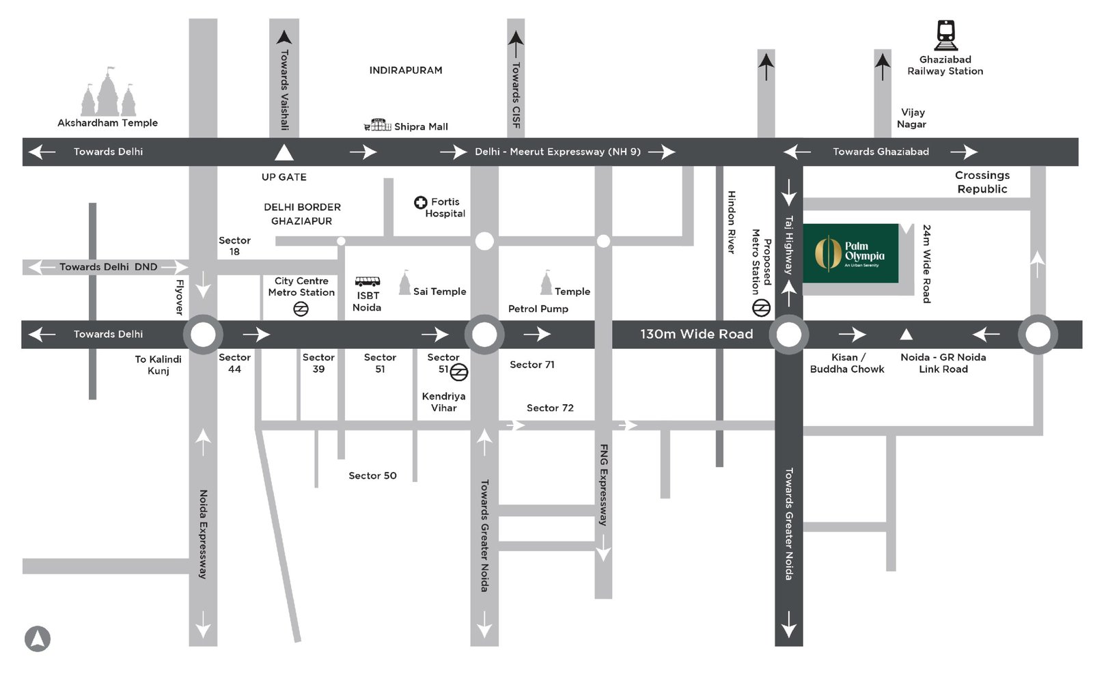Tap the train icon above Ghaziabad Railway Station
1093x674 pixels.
tap(945, 35)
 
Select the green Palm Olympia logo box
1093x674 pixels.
tap(850, 253)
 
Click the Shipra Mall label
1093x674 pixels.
tap(420, 126)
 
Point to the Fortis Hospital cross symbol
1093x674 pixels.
tap(421, 202)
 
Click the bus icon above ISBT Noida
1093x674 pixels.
tap(368, 281)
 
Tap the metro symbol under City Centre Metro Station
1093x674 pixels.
tap(301, 309)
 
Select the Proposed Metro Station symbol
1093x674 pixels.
tap(761, 309)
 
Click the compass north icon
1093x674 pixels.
tap(38, 638)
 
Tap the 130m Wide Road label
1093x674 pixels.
tap(696, 334)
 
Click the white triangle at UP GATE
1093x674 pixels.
tap(284, 152)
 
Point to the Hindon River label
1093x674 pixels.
tap(731, 223)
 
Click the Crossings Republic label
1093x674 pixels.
tap(982, 182)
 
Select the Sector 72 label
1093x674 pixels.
tap(550, 408)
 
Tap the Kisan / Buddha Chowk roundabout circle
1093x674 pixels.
tap(789, 335)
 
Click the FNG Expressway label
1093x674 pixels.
tap(603, 485)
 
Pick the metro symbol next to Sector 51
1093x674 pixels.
tap(459, 372)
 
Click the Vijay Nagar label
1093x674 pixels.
tap(912, 118)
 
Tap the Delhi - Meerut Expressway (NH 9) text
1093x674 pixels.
tap(557, 152)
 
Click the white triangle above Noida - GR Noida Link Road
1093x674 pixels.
tap(906, 334)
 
